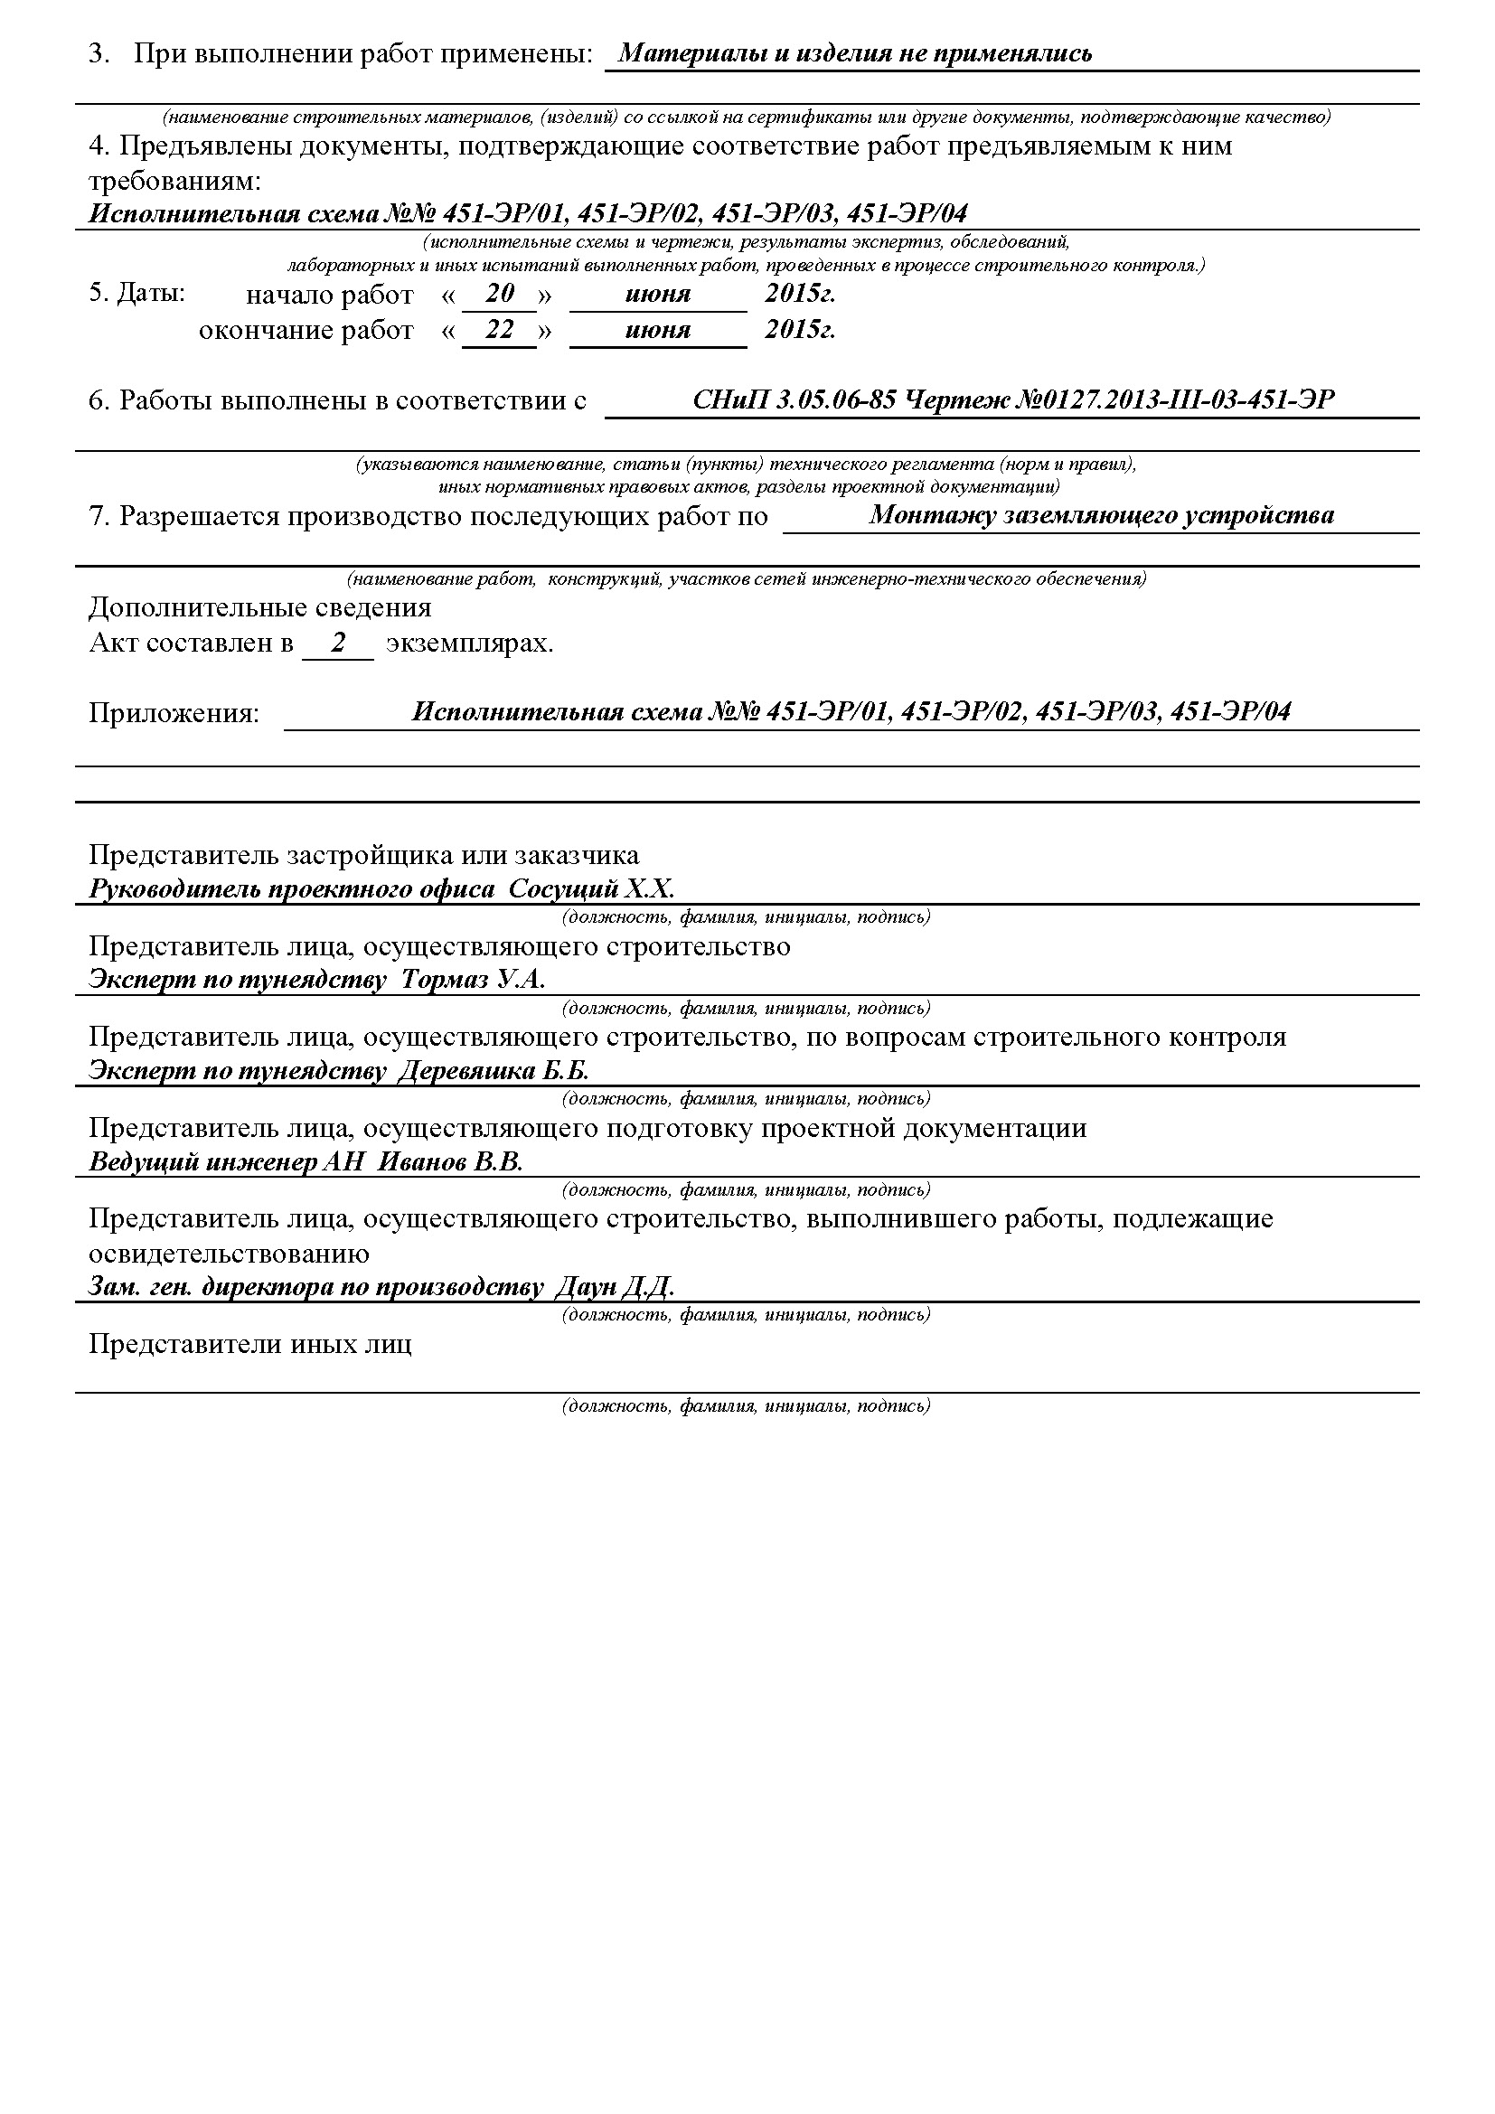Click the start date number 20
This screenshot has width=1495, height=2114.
pos(499,295)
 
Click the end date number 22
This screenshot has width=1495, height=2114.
pos(499,330)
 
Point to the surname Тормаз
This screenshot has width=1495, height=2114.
pos(445,980)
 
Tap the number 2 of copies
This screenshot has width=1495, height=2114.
pos(339,644)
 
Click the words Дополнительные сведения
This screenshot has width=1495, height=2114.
pos(259,607)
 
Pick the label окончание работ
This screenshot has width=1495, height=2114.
pos(306,331)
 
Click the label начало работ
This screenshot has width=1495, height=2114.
pos(330,296)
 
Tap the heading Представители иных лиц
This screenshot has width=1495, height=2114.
pos(250,1344)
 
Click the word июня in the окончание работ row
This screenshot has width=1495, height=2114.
pos(657,331)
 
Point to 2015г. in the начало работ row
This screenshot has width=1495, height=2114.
pos(799,295)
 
